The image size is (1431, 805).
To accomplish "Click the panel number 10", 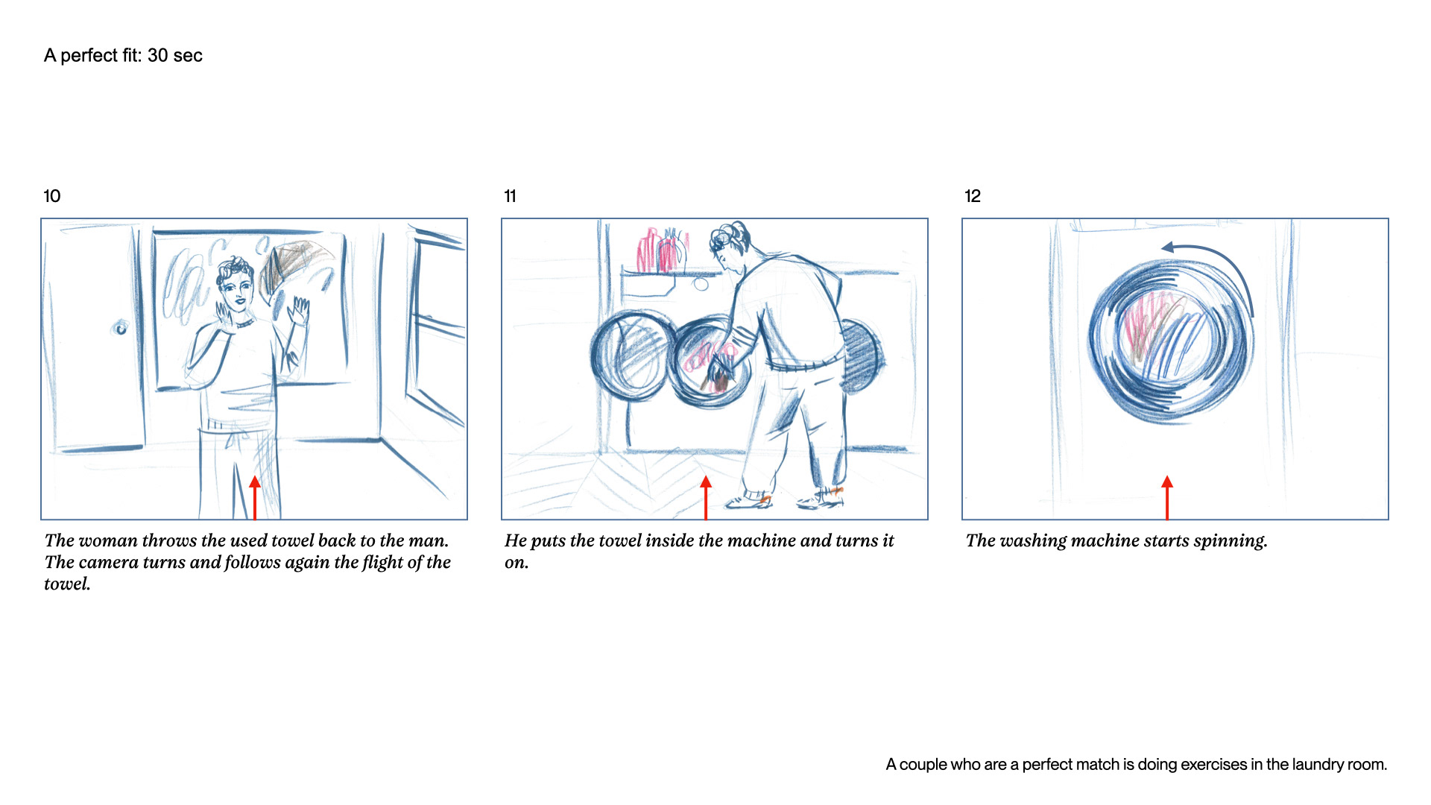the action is (x=52, y=196).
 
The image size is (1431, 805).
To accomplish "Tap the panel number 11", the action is (x=511, y=196).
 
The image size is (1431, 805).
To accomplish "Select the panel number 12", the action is (x=973, y=196).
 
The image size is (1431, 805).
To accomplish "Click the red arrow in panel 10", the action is (x=255, y=497).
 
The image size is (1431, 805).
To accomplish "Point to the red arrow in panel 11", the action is (x=706, y=497).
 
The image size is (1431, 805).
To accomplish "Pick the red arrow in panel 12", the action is (x=1167, y=497).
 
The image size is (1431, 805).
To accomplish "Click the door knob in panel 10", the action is (x=120, y=327).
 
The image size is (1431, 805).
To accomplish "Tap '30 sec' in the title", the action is (x=175, y=56).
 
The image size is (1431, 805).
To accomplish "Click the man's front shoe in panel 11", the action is (x=750, y=501).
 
